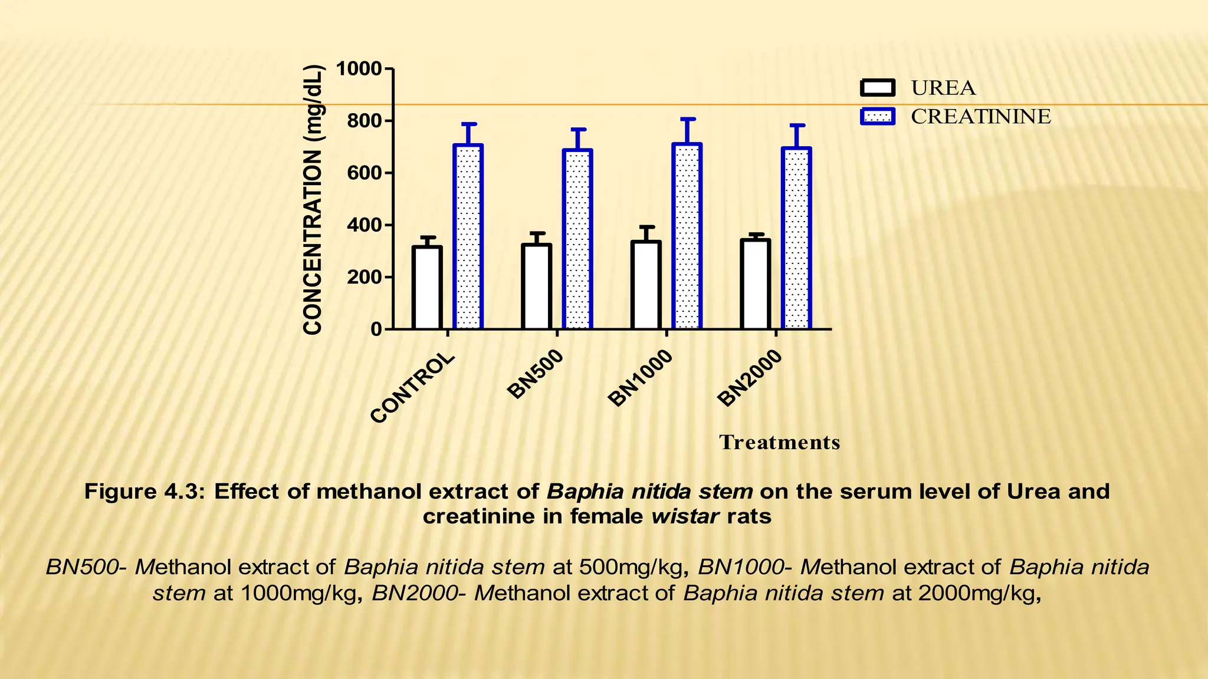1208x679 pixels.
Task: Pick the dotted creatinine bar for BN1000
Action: pyautogui.click(x=687, y=236)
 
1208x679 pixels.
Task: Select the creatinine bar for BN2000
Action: pyautogui.click(x=796, y=238)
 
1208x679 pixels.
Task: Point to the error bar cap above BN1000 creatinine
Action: pyautogui.click(x=687, y=120)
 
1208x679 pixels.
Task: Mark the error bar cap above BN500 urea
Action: pyautogui.click(x=537, y=233)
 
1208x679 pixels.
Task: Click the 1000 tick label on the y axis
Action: pyautogui.click(x=359, y=70)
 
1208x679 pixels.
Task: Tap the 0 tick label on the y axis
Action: pyautogui.click(x=376, y=329)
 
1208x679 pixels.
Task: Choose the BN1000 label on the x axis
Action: pyautogui.click(x=641, y=378)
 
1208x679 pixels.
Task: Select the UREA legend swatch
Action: pyautogui.click(x=877, y=88)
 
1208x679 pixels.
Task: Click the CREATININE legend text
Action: pyautogui.click(x=980, y=117)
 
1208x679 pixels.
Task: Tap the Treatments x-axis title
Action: pyautogui.click(x=779, y=442)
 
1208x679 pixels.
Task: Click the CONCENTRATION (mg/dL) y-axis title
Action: pyautogui.click(x=313, y=200)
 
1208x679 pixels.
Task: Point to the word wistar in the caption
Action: pyautogui.click(x=685, y=516)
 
